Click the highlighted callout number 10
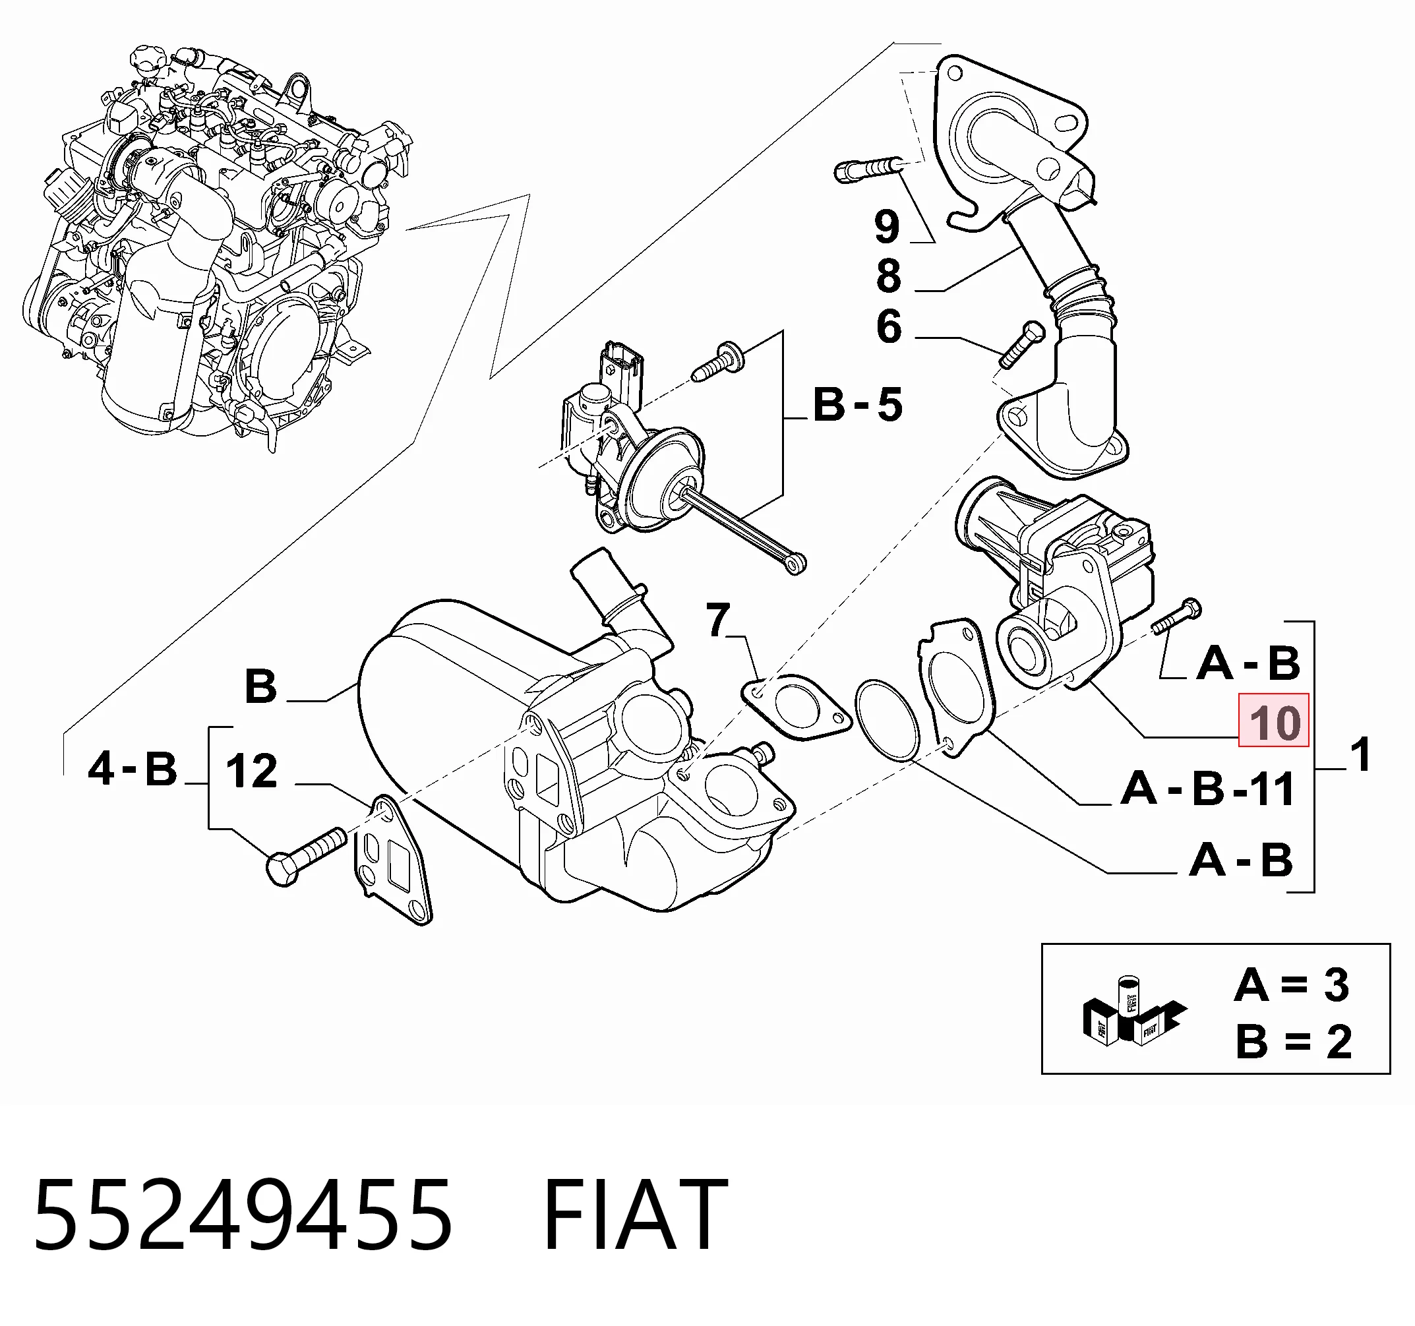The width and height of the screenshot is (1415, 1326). (x=1273, y=719)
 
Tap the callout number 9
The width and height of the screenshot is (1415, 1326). (x=888, y=226)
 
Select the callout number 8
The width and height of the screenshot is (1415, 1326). (x=889, y=276)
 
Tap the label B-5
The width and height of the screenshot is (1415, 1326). (x=858, y=405)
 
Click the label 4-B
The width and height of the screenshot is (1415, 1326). (x=133, y=769)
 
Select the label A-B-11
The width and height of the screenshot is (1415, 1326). (x=1207, y=789)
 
